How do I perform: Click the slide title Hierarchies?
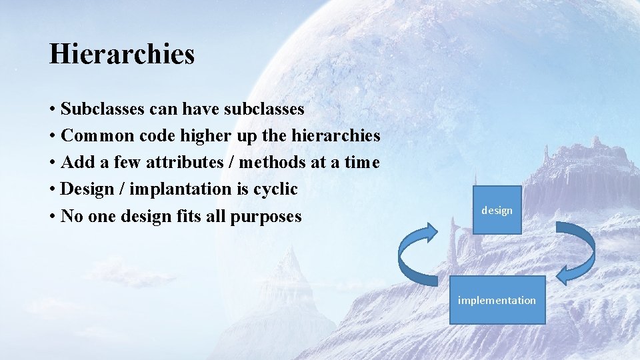[x=121, y=54]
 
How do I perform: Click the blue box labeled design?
[x=497, y=211]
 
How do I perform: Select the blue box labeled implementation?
[x=497, y=300]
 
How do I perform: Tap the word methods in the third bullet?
[x=273, y=163]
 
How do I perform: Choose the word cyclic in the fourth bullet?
[x=275, y=189]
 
